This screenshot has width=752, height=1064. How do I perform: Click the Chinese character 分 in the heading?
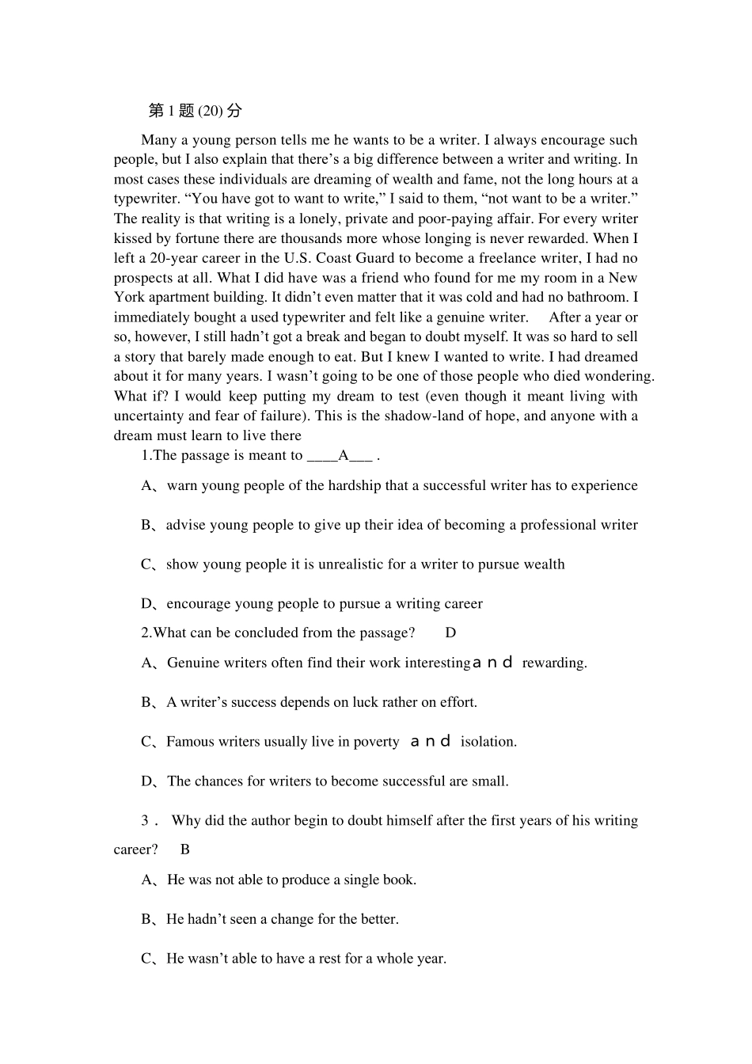point(235,111)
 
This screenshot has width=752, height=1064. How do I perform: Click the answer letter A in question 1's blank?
point(344,456)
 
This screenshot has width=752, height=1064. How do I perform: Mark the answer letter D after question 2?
point(450,633)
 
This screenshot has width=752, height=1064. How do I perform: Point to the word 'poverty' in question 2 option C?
point(376,743)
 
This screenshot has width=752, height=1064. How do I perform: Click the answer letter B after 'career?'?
point(185,850)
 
